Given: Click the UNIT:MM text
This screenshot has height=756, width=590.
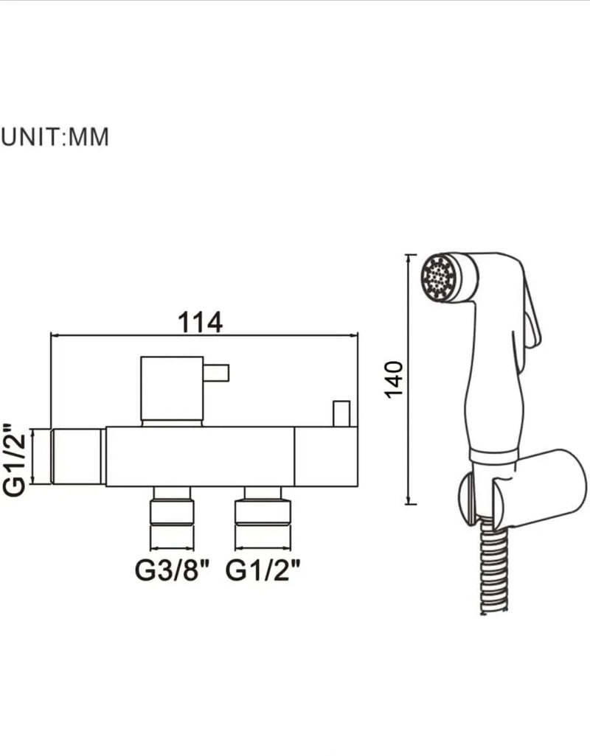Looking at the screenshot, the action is tap(55, 137).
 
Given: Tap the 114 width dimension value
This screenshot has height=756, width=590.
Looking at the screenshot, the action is tap(200, 322).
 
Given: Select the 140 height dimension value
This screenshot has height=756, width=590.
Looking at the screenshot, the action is tap(394, 379).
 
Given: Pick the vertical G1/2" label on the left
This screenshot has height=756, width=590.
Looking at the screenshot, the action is tap(14, 459).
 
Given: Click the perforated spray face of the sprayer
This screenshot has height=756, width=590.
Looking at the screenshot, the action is tap(439, 278).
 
